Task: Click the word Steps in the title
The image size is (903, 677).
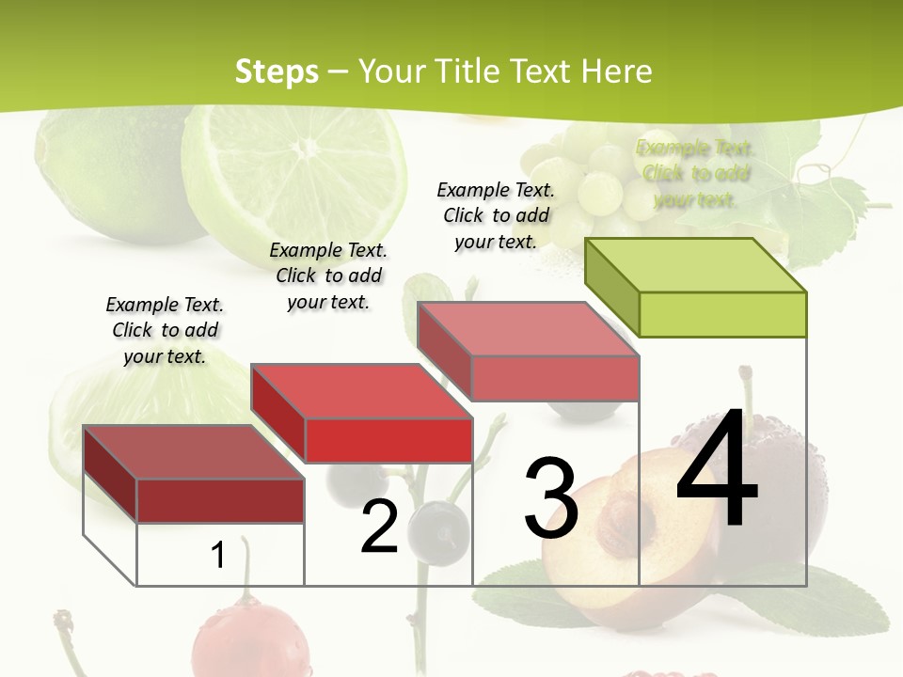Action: (x=277, y=71)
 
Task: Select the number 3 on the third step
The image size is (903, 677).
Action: (x=551, y=498)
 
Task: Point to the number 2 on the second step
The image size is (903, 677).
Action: (x=380, y=527)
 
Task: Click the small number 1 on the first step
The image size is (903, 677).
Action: (x=218, y=556)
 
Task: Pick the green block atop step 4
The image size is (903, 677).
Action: (x=697, y=288)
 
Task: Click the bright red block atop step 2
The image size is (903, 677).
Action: (x=362, y=414)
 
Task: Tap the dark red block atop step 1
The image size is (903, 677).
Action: (x=194, y=474)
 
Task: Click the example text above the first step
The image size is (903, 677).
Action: (x=165, y=330)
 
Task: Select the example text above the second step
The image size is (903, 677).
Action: (x=328, y=276)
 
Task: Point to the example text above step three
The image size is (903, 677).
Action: (x=496, y=215)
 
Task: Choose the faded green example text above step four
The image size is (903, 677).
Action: (x=695, y=173)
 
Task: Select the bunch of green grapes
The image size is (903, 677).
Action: (x=588, y=179)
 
